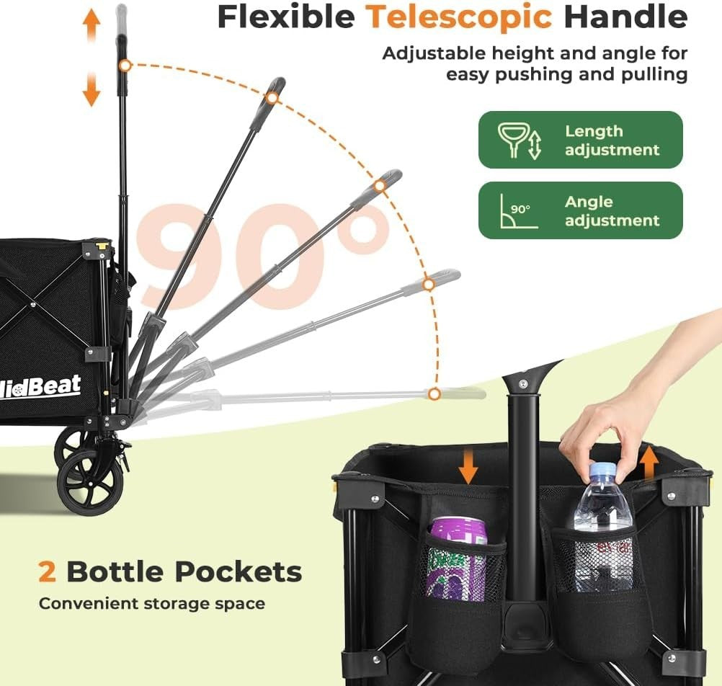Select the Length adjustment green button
(x=580, y=140)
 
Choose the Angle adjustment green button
(x=580, y=210)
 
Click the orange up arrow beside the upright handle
(x=92, y=26)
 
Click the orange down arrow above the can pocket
(x=468, y=467)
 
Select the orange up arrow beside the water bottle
(x=649, y=462)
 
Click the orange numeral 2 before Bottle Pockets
(x=48, y=572)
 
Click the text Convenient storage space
(x=151, y=603)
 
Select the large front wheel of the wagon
(x=90, y=482)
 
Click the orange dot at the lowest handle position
(x=434, y=393)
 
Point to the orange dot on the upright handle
(x=125, y=66)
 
